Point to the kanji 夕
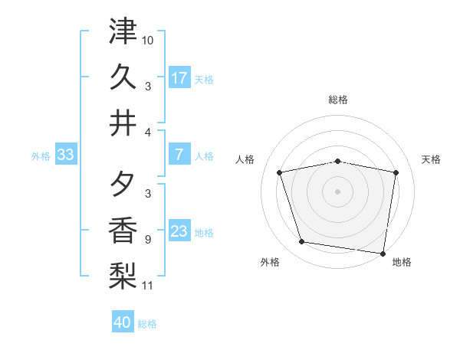[x=123, y=184]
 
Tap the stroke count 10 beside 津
[x=148, y=39]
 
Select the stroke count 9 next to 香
[x=147, y=239]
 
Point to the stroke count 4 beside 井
[x=148, y=133]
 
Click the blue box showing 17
[x=179, y=77]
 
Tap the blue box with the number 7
[x=179, y=155]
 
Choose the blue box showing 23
[x=179, y=231]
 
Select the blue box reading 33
[x=65, y=155]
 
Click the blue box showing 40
[x=123, y=322]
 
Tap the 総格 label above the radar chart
[x=337, y=100]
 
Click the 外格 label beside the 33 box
[x=41, y=156]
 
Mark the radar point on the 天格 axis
[x=396, y=172]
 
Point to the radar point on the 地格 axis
[x=382, y=253]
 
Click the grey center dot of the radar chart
[x=337, y=191]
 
